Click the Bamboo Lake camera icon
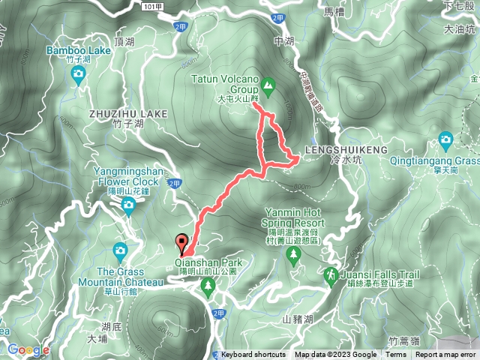coord(79,73)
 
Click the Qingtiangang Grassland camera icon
coord(446,139)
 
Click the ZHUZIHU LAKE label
coord(127,113)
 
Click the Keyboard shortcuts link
coord(253,355)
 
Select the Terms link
coord(396,355)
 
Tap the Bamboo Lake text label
coord(79,50)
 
